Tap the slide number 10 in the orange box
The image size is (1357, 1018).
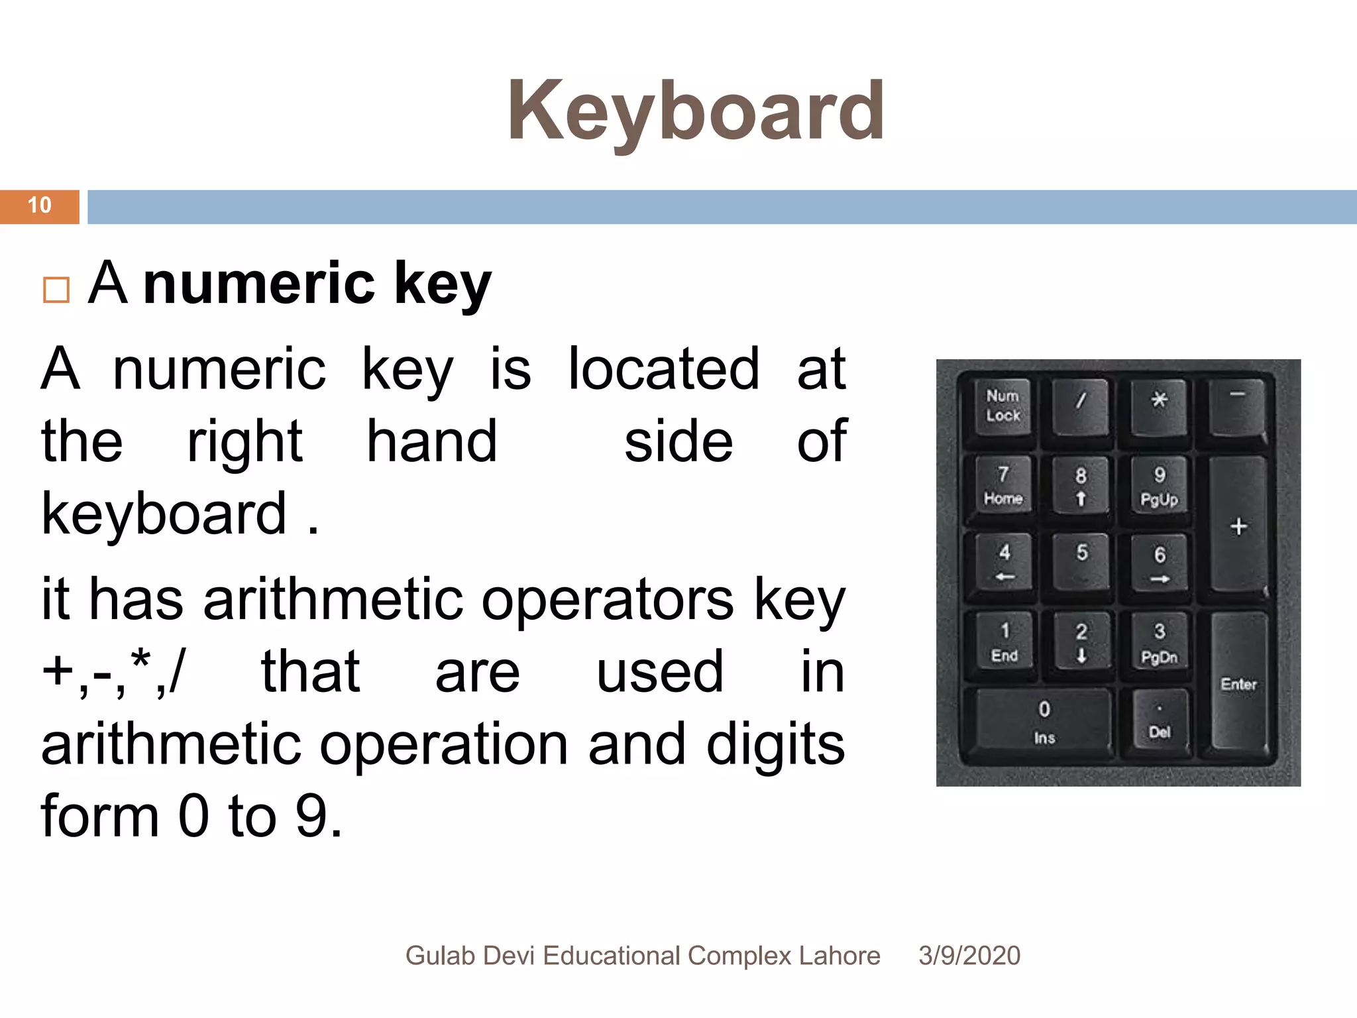(40, 205)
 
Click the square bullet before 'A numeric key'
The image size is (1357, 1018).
(56, 290)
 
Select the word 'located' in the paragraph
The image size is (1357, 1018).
(664, 369)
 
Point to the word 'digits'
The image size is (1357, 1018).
(775, 744)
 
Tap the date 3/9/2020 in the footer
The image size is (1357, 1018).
(969, 956)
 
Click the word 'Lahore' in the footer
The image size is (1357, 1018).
(840, 956)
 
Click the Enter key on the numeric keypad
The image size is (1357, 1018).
(1238, 684)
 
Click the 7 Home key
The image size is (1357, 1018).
(1003, 486)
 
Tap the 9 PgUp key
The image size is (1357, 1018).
(1159, 486)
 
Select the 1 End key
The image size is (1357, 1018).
(1004, 642)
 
